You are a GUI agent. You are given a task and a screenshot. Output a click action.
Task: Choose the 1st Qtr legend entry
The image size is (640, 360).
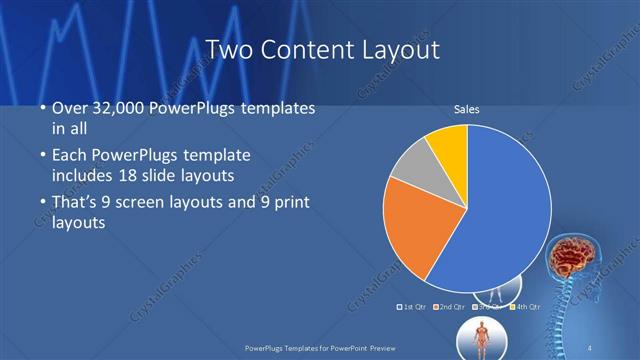coord(413,305)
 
